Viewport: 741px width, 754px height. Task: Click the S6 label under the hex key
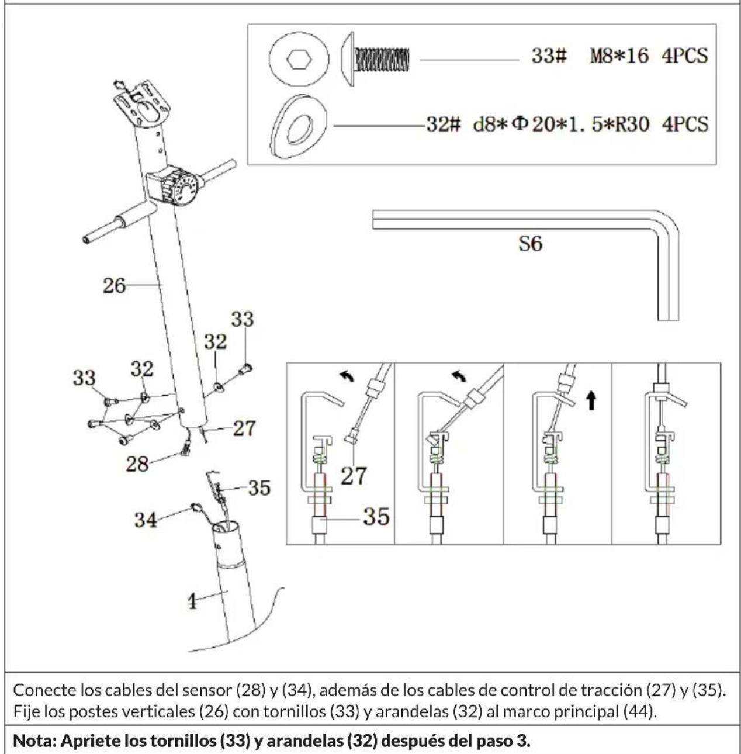[x=530, y=243]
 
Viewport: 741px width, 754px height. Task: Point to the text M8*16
[x=619, y=56]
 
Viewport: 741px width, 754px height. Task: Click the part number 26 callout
[x=114, y=286]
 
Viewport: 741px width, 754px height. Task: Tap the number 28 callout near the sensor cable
[x=137, y=465]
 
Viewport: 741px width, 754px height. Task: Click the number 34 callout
[x=146, y=520]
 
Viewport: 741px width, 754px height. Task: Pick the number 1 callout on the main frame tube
[x=192, y=601]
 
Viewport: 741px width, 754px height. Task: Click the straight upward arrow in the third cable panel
[x=591, y=401]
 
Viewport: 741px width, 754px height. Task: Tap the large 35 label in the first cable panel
[x=376, y=517]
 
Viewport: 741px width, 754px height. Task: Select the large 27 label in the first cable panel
[x=354, y=476]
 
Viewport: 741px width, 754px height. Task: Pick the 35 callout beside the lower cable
[x=259, y=487]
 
